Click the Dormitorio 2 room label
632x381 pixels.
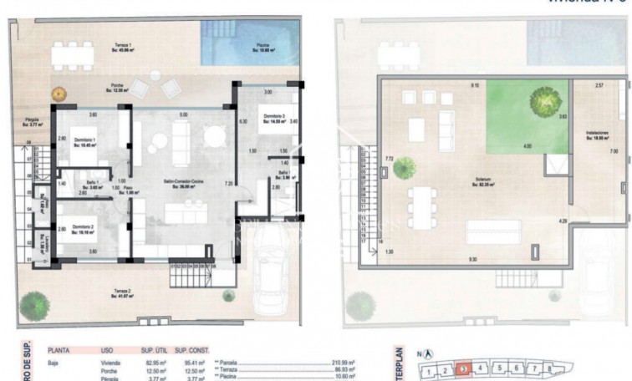pyautogui.click(x=83, y=228)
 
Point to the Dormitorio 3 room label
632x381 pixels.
pyautogui.click(x=274, y=118)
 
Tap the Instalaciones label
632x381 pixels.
pyautogui.click(x=596, y=135)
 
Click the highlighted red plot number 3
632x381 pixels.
pyautogui.click(x=464, y=368)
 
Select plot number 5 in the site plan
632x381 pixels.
pyautogui.click(x=501, y=368)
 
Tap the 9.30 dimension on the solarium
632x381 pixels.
pyautogui.click(x=473, y=260)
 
